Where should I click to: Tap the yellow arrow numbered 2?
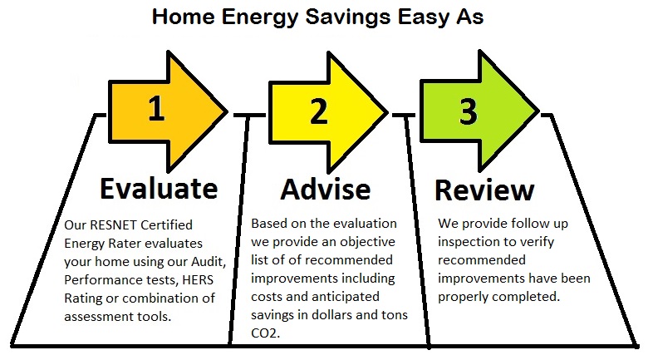click(x=327, y=112)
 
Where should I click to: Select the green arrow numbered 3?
click(x=479, y=111)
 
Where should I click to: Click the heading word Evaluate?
click(x=159, y=188)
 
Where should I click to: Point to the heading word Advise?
click(x=326, y=189)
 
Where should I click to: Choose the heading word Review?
click(x=484, y=190)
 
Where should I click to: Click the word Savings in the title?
click(x=347, y=17)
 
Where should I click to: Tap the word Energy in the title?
click(x=259, y=17)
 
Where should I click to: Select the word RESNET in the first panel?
click(x=113, y=224)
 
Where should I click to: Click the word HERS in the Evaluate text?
click(x=198, y=279)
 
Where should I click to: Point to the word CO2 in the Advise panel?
click(x=265, y=333)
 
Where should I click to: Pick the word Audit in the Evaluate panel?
click(x=209, y=262)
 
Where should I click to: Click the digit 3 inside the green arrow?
click(x=469, y=111)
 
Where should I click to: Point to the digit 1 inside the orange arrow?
click(x=156, y=108)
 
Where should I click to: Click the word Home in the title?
click(x=183, y=17)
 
